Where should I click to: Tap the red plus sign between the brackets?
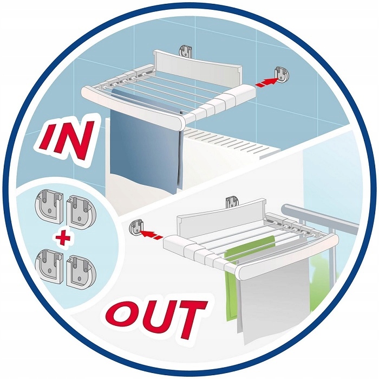click(x=63, y=236)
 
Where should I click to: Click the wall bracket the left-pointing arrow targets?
click(x=136, y=228)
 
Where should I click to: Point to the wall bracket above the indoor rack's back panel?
click(x=185, y=51)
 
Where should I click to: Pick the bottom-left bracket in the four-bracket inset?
click(x=50, y=266)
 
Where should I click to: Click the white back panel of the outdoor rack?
click(x=220, y=215)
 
